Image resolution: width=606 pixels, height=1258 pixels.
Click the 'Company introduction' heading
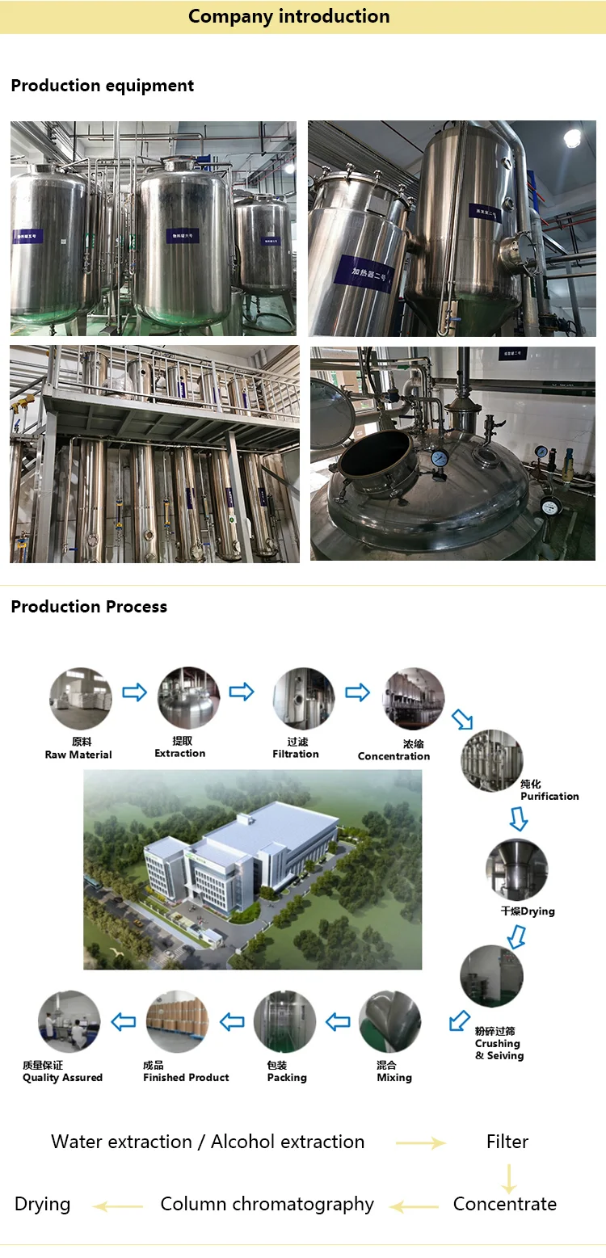[x=288, y=16]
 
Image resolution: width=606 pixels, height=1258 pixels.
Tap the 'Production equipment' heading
[x=103, y=86]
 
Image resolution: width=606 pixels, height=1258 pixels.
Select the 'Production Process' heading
[x=89, y=607]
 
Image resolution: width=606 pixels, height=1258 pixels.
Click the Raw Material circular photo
[x=80, y=698]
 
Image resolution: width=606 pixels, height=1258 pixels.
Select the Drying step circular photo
[x=516, y=870]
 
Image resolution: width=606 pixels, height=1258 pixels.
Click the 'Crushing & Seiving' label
[x=499, y=1043]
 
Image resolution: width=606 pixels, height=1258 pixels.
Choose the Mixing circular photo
[x=390, y=1021]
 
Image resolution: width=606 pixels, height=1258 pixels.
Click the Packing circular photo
[x=284, y=1021]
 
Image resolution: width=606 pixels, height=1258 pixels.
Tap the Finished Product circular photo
[x=178, y=1021]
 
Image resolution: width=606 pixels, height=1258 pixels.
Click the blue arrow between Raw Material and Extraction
[x=134, y=692]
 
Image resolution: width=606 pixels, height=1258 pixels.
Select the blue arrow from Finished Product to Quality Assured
[x=124, y=1022]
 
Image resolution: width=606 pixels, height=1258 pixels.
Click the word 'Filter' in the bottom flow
[x=507, y=1142]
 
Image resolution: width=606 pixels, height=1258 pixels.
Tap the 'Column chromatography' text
[x=267, y=1204]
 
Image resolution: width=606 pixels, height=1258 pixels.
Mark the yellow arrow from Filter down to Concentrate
[x=508, y=1179]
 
